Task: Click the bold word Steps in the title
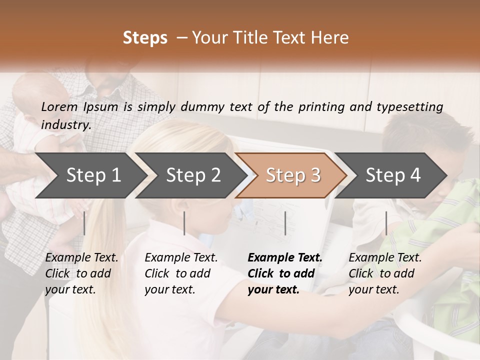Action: tap(145, 38)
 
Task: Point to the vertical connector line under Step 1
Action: tap(84, 223)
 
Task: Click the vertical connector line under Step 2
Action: tap(184, 223)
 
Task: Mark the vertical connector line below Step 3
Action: tap(285, 223)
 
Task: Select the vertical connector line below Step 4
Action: tap(386, 223)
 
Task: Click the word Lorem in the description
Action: tap(59, 107)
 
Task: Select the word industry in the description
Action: tap(66, 124)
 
